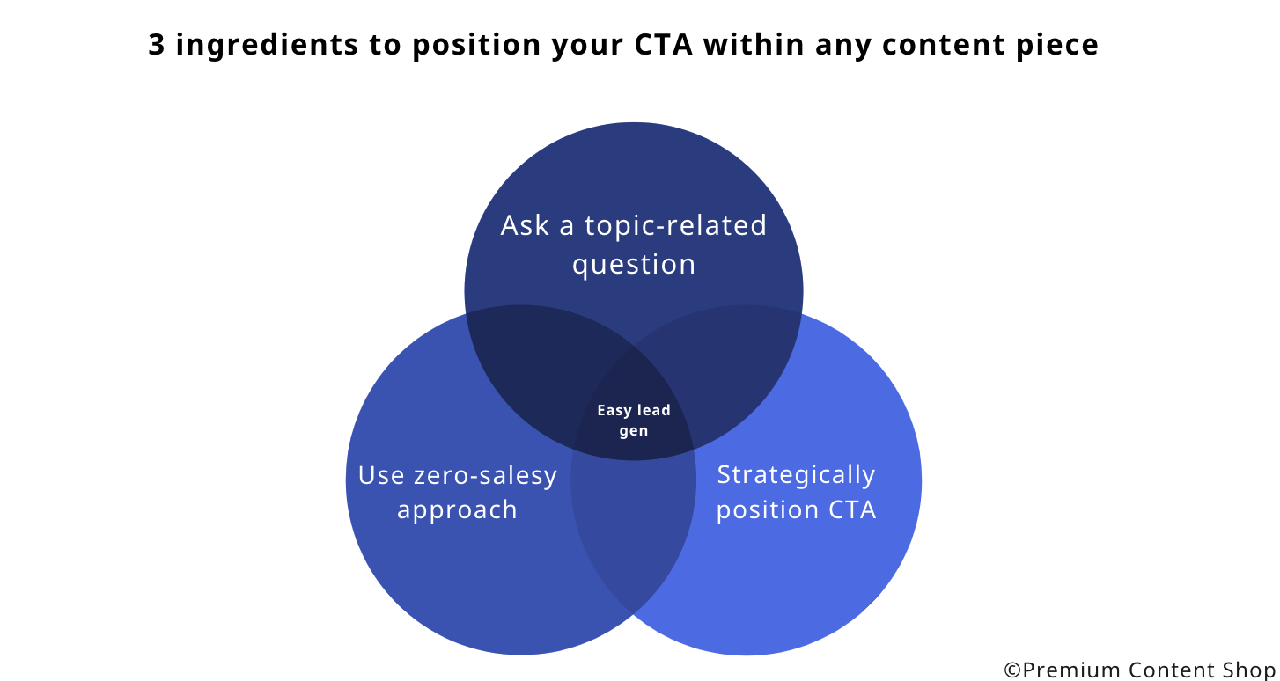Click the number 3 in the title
point(157,45)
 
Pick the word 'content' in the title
point(944,45)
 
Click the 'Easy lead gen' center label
point(634,420)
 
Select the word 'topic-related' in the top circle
point(675,225)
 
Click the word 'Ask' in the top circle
point(525,225)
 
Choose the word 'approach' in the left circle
point(457,510)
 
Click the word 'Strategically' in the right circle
point(796,475)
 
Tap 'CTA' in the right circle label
point(852,509)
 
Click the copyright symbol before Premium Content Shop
point(1012,670)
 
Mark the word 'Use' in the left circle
point(381,476)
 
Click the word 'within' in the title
point(754,45)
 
